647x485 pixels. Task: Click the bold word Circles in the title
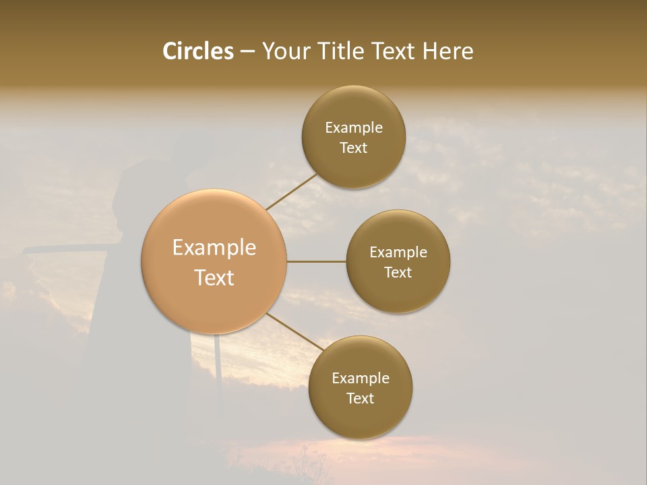[x=198, y=51]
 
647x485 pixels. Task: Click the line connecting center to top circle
[x=291, y=193]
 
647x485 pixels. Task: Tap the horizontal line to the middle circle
[x=316, y=261]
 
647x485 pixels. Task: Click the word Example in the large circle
[x=214, y=248]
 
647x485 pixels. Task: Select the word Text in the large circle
[x=214, y=278]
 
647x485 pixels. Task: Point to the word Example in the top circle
[x=354, y=128]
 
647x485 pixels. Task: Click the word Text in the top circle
[x=354, y=148]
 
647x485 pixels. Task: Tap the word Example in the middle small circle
[x=398, y=253]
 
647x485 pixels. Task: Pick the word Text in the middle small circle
[x=398, y=273]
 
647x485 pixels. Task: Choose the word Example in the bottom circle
[x=361, y=379]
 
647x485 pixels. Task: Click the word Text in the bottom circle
[x=361, y=399]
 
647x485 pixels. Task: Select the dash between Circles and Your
[x=247, y=52]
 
